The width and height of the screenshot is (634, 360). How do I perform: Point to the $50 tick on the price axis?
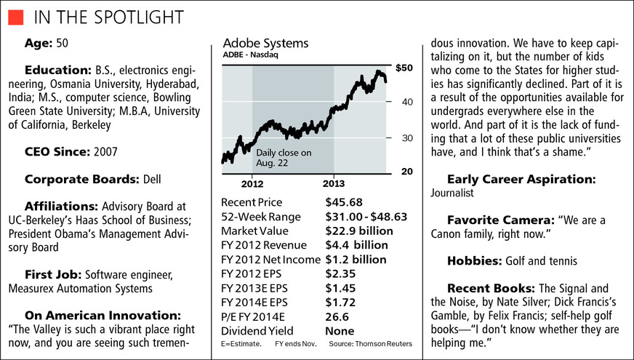click(404, 68)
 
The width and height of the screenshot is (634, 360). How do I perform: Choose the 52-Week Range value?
click(366, 216)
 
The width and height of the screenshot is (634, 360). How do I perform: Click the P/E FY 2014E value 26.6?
click(338, 316)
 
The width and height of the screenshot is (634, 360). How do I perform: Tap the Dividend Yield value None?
click(341, 330)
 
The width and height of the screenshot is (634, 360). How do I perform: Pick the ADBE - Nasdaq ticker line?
click(250, 55)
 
